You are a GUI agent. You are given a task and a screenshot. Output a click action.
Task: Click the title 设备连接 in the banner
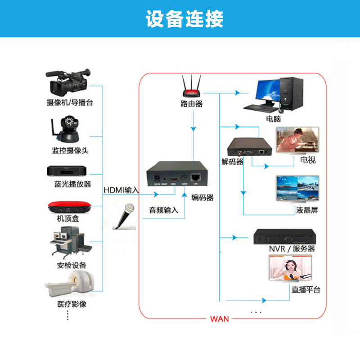184,19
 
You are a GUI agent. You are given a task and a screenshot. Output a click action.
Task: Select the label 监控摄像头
70,150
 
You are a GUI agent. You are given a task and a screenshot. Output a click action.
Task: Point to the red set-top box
69,207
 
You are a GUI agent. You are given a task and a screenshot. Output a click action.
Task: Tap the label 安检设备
72,265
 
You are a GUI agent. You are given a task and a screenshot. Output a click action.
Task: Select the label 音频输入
164,210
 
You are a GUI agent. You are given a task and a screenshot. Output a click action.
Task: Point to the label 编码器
202,197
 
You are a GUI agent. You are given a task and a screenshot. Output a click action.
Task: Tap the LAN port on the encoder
196,176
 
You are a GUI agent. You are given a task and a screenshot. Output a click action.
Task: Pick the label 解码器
232,162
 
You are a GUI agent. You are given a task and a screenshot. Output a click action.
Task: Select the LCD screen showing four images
297,189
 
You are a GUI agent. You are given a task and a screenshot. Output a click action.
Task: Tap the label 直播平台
306,289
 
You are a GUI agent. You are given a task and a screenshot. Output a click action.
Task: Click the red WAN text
220,319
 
